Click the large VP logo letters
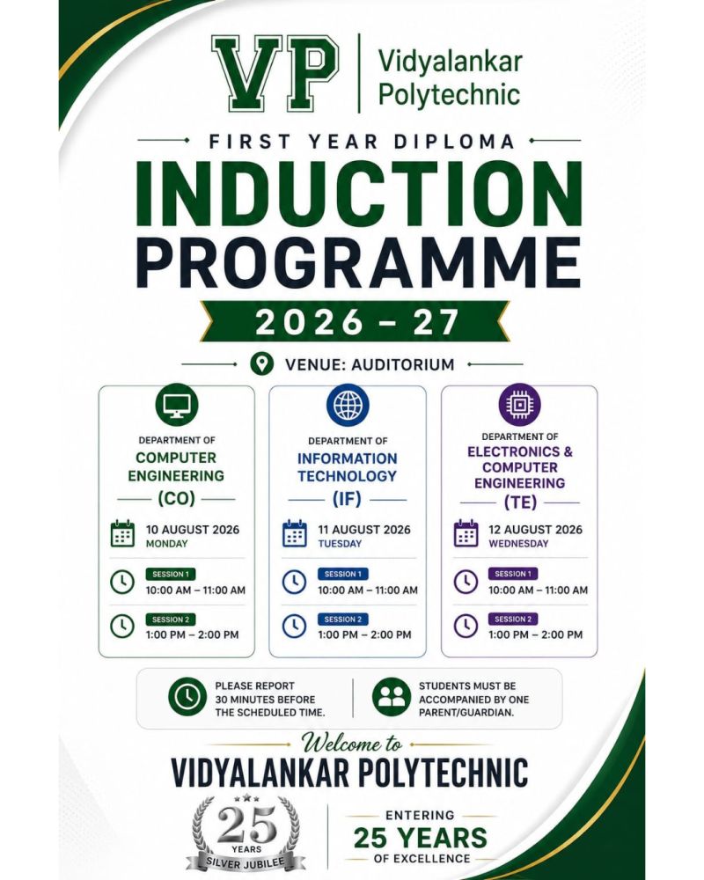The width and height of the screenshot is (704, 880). click(x=275, y=74)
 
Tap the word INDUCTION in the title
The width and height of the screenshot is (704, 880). click(x=359, y=194)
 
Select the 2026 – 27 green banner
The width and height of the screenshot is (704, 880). click(x=355, y=321)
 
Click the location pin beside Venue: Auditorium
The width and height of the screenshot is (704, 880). click(x=261, y=363)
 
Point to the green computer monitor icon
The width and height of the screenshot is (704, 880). click(x=177, y=404)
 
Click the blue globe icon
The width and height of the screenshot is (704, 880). click(x=348, y=405)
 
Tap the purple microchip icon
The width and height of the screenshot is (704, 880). click(x=520, y=404)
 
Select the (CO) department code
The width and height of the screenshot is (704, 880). click(x=176, y=498)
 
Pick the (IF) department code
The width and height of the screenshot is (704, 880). click(x=347, y=498)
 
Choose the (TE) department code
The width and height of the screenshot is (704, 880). click(x=520, y=502)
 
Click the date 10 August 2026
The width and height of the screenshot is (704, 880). click(x=193, y=529)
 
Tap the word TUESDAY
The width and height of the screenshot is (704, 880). click(x=340, y=543)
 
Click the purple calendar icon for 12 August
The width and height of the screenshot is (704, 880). click(x=466, y=534)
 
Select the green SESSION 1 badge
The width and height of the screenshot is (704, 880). click(x=171, y=574)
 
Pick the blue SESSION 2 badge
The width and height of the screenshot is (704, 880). click(x=342, y=619)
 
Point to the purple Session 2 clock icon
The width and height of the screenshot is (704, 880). click(x=466, y=626)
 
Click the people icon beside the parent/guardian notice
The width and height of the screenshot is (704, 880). click(x=392, y=697)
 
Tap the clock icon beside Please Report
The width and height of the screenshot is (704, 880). click(x=187, y=696)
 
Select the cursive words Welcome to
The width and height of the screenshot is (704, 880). click(x=352, y=743)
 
